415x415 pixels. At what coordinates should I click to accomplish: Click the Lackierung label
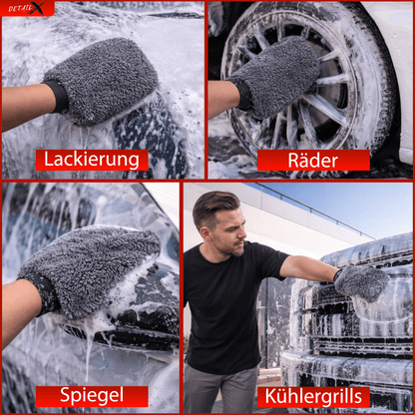click(x=92, y=159)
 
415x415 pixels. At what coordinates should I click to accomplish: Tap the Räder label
click(x=313, y=160)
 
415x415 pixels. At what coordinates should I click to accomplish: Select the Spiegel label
click(x=92, y=395)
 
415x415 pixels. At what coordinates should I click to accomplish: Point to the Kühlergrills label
click(x=313, y=396)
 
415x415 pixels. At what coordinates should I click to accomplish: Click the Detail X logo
click(x=27, y=9)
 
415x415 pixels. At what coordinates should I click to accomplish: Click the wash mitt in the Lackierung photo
click(x=105, y=80)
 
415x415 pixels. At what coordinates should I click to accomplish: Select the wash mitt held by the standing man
click(x=359, y=282)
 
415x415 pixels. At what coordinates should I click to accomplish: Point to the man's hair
click(x=215, y=204)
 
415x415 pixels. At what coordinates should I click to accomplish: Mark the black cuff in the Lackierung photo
click(x=57, y=97)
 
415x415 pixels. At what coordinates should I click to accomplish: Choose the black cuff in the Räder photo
click(x=243, y=94)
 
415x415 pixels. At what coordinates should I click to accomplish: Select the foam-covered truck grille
click(x=349, y=339)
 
